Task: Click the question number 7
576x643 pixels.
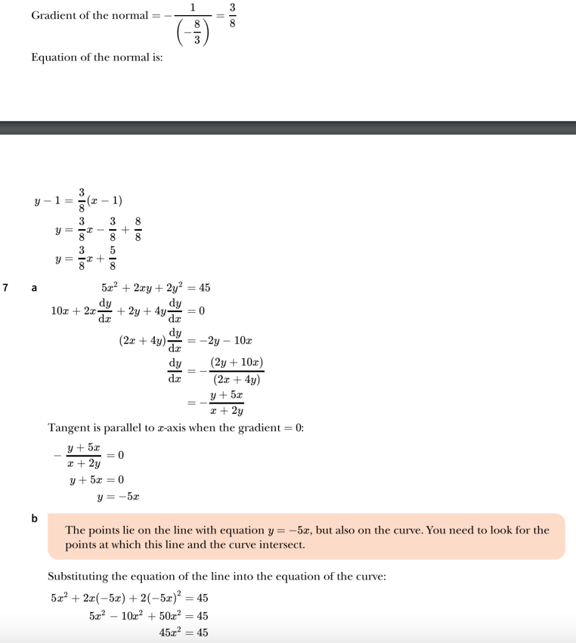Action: (5, 288)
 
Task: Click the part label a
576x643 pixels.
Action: (35, 288)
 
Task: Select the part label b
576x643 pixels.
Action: (35, 519)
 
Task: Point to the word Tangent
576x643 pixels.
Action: (67, 428)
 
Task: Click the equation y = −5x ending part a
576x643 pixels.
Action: (118, 497)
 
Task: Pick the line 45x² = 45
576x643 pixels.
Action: (184, 632)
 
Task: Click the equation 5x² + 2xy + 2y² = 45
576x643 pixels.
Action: (156, 288)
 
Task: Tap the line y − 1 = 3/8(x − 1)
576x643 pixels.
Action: (78, 202)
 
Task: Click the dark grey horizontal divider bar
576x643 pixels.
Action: (288, 127)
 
